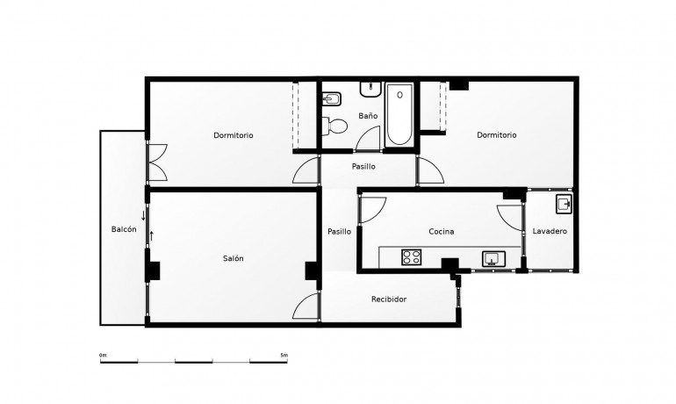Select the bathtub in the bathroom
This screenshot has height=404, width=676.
tap(399, 114)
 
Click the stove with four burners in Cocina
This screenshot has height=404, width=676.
tap(412, 257)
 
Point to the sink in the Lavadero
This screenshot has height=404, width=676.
tap(564, 206)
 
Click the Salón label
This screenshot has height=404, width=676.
tap(233, 258)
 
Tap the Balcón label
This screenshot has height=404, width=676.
tap(124, 229)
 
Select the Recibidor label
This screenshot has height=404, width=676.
tap(389, 299)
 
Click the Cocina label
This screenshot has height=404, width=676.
tap(441, 231)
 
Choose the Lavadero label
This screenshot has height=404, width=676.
tap(550, 231)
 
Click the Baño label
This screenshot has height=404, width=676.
tap(368, 116)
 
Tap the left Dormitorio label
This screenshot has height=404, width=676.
tap(234, 135)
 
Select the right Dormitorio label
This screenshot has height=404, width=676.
tap(497, 135)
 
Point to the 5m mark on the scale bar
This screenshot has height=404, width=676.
tap(284, 355)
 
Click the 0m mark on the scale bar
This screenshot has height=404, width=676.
tap(103, 355)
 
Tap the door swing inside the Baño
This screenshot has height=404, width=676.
tap(370, 139)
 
